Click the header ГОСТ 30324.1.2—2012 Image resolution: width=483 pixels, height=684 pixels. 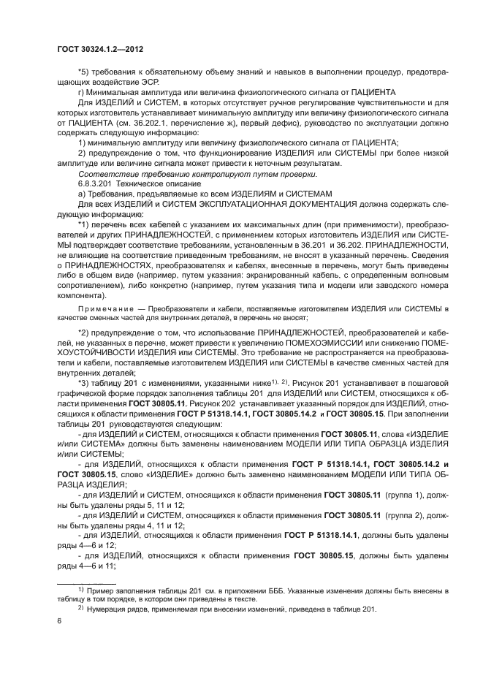(x=99, y=49)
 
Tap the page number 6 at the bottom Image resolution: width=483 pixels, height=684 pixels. (x=59, y=620)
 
